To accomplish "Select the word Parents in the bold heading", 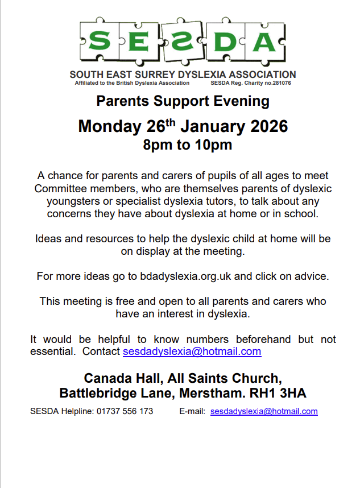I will [121, 102].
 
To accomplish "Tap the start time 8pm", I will [158, 145].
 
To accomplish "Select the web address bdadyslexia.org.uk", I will [188, 276].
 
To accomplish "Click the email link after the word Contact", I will [192, 351].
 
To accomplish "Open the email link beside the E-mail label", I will [264, 411].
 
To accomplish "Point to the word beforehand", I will [253, 339].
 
